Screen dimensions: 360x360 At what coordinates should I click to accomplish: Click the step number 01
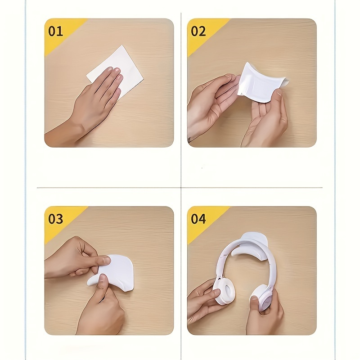pyautogui.click(x=56, y=31)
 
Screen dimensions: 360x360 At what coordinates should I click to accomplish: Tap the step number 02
pyautogui.click(x=198, y=31)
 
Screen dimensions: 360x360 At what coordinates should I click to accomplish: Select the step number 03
pyautogui.click(x=56, y=219)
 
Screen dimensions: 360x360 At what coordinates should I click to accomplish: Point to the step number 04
pyautogui.click(x=198, y=219)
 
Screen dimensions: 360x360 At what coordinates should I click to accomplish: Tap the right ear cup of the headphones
pyautogui.click(x=262, y=297)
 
